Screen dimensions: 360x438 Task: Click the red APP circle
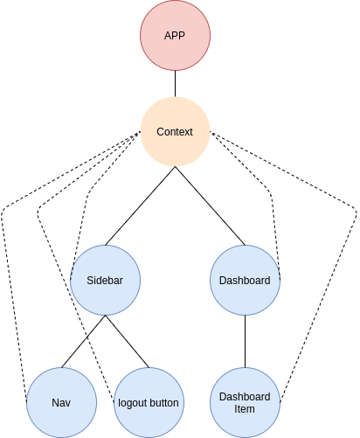coord(175,35)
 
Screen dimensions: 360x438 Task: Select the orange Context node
coord(175,132)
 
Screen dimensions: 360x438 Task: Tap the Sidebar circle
coord(105,280)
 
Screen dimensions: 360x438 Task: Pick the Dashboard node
coord(245,280)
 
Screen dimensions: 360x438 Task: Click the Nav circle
coord(61,402)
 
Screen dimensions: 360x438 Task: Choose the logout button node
coord(149,402)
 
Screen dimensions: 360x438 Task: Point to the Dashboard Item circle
coord(245,402)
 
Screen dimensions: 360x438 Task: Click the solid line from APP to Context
coord(175,84)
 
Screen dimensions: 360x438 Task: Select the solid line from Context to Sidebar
coord(140,206)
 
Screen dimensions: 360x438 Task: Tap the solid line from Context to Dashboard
coord(210,206)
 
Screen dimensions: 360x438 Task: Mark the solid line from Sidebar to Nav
coord(83,341)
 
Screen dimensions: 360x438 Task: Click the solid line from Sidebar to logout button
coord(127,341)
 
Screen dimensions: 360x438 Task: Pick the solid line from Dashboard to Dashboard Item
coord(245,341)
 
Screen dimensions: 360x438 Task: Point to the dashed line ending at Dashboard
coord(270,194)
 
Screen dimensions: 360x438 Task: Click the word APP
coord(175,36)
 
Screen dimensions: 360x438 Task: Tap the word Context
coord(175,132)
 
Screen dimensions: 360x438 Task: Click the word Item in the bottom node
coord(245,409)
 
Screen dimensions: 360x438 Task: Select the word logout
coord(131,403)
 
